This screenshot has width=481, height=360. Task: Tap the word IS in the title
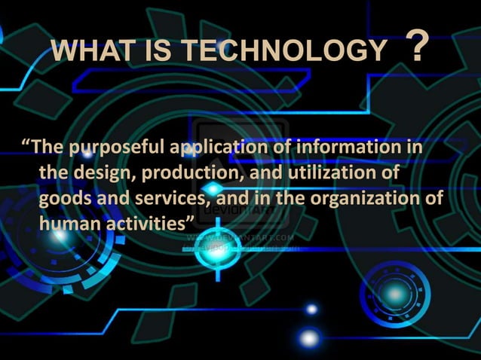pos(154,52)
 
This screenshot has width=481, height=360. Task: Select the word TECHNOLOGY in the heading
pos(283,52)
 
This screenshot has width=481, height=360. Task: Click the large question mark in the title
pos(421,48)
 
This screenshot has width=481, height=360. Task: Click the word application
pos(219,147)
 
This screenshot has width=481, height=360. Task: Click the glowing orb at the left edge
pos(60,236)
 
